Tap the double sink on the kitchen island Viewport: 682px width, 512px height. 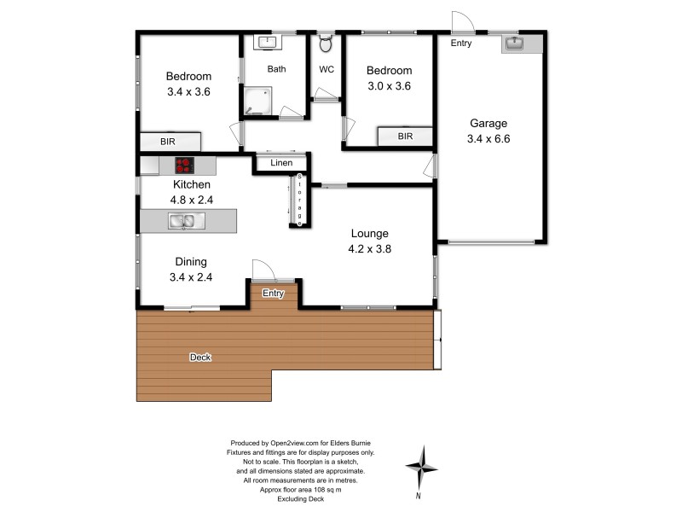pos(182,222)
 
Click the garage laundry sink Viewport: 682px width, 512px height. pos(514,43)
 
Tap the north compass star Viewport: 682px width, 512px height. pos(421,466)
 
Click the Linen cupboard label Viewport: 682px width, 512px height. pos(281,163)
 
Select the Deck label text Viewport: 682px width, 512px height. pos(200,358)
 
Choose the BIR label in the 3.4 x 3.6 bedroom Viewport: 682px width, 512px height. pos(169,142)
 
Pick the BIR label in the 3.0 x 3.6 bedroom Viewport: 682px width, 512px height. pos(405,137)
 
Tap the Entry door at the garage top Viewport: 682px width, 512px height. pos(461,22)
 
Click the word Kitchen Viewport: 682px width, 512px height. pos(192,184)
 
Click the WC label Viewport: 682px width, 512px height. pos(327,69)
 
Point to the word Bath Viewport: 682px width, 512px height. pos(276,69)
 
